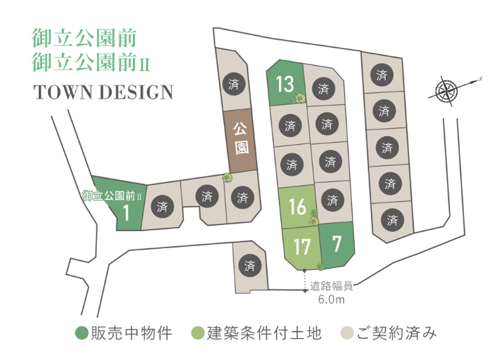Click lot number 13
[x=285, y=84]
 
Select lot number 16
[x=297, y=206]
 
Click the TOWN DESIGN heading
[x=102, y=92]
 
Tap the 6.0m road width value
[x=332, y=298]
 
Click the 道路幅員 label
[x=332, y=286]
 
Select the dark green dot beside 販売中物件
[x=81, y=334]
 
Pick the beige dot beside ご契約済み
[x=347, y=334]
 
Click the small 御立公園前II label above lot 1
[x=112, y=196]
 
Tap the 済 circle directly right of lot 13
[x=324, y=88]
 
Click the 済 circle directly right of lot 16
[x=332, y=201]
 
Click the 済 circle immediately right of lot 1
[x=161, y=207]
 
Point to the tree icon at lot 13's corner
[x=296, y=99]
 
